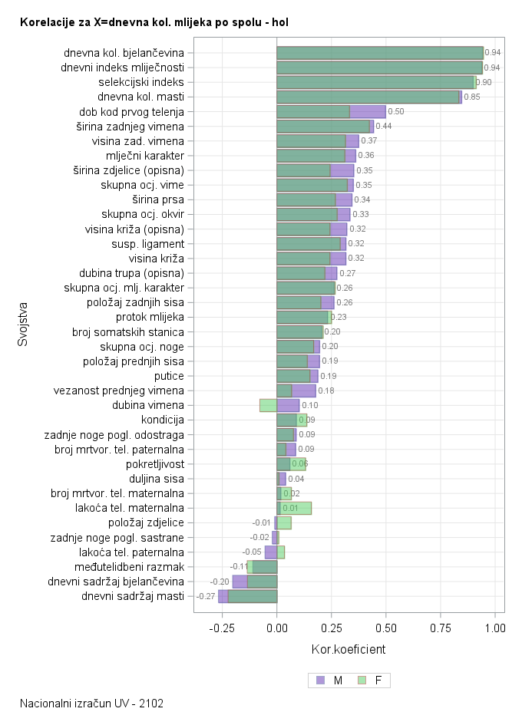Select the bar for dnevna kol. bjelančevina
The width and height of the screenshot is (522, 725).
[379, 52]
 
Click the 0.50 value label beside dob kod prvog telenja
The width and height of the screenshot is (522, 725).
[396, 111]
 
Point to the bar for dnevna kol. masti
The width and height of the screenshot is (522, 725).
[368, 97]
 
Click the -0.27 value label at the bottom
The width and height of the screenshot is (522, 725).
[206, 596]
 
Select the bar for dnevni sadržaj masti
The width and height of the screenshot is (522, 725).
[247, 596]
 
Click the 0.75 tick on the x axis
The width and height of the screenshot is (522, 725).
[441, 627]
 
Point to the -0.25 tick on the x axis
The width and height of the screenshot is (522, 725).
[221, 627]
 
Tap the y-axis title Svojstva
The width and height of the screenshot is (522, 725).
[23, 325]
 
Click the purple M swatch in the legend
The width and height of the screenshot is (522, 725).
[320, 680]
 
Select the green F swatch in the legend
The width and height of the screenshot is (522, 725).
[362, 680]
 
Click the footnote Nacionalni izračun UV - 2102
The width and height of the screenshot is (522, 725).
[92, 703]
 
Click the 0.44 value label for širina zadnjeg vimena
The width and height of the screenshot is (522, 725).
[384, 126]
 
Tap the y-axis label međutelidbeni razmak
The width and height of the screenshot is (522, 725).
[133, 567]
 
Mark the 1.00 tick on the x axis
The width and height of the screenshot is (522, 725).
[495, 627]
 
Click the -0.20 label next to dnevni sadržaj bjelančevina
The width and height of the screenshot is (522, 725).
[220, 582]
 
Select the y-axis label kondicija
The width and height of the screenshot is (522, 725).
[163, 420]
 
